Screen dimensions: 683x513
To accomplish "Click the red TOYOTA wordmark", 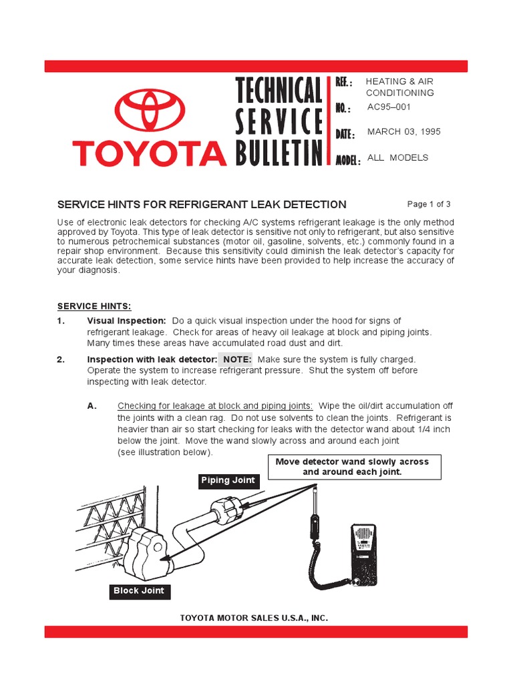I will click(x=150, y=154).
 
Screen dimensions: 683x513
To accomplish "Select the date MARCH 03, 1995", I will click(x=404, y=131).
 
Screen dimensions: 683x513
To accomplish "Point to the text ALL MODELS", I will click(x=398, y=157).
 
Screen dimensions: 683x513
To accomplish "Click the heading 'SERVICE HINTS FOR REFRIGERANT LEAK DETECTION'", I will click(x=202, y=205).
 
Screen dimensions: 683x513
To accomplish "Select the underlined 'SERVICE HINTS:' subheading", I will click(x=94, y=305).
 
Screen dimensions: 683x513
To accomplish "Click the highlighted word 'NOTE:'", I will click(x=237, y=359).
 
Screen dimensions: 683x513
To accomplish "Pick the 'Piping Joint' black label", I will click(x=228, y=480).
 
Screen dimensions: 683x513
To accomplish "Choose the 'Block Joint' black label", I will click(x=139, y=590).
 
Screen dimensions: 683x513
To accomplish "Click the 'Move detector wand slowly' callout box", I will click(x=355, y=467).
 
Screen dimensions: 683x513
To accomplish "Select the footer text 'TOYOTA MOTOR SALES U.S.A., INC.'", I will click(x=254, y=618).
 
